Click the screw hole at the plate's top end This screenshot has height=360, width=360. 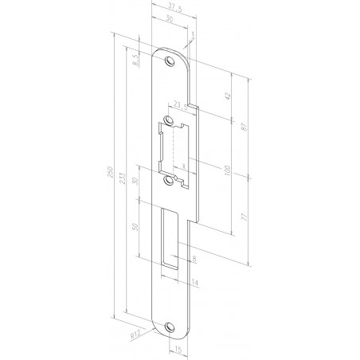169,61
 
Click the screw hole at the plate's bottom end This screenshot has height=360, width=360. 169,324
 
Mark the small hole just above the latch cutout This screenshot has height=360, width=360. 169,121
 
